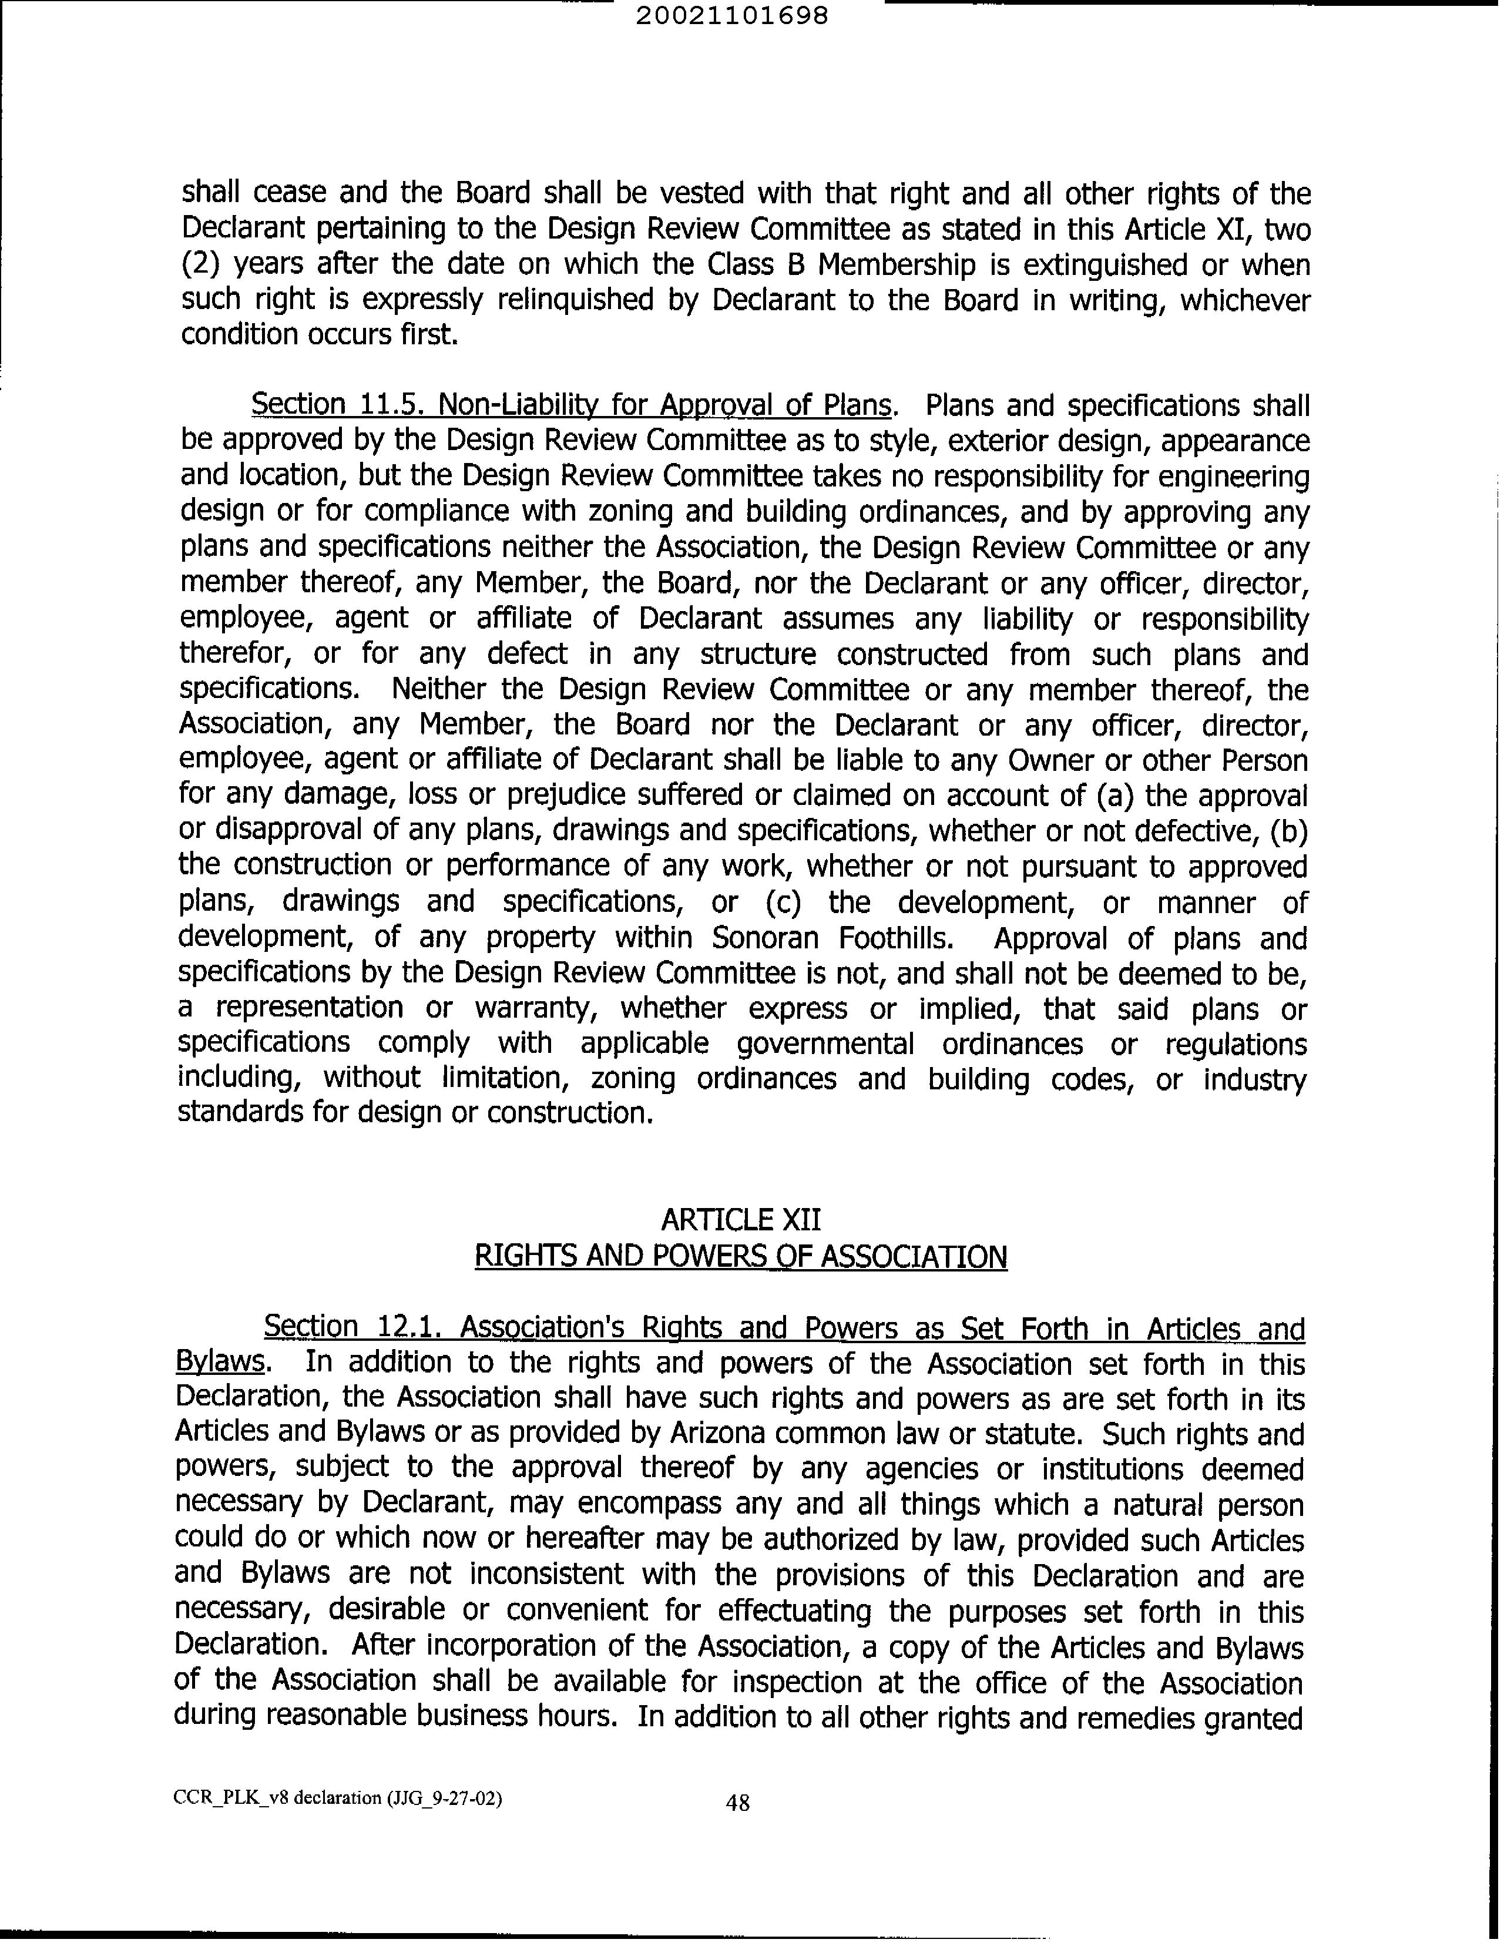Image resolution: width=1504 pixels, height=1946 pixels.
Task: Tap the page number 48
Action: click(738, 1803)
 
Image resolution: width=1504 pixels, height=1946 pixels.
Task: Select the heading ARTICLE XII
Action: click(740, 1220)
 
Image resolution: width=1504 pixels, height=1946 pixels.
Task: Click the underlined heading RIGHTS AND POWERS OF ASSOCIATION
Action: click(740, 1257)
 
